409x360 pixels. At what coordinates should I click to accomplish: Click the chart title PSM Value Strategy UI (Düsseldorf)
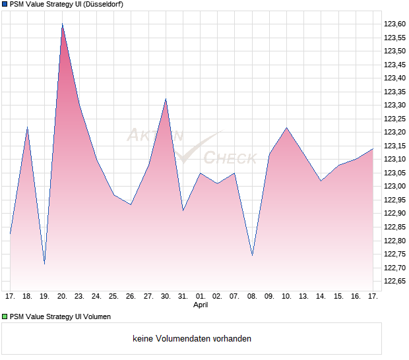(x=66, y=4)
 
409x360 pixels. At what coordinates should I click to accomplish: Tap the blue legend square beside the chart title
(x=5, y=4)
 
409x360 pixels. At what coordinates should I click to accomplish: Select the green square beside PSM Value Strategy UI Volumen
(x=5, y=316)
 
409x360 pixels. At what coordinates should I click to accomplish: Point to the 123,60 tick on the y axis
(x=394, y=24)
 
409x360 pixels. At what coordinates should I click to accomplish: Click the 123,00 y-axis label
(x=394, y=187)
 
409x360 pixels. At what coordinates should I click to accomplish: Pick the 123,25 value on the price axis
(x=394, y=119)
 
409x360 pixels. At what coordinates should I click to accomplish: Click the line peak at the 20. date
(x=62, y=24)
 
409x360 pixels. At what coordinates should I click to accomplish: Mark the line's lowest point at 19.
(x=44, y=264)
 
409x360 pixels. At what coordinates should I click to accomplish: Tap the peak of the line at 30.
(x=166, y=99)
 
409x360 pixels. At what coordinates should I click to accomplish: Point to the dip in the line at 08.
(x=252, y=255)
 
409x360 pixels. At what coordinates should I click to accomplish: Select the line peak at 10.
(x=286, y=127)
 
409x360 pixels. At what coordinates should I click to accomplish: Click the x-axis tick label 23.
(x=79, y=297)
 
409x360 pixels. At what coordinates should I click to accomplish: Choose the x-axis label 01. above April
(x=201, y=297)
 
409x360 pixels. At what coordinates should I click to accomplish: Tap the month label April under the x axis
(x=201, y=305)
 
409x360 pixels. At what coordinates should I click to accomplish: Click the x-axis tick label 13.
(x=303, y=297)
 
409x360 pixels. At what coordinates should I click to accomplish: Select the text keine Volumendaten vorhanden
(x=192, y=339)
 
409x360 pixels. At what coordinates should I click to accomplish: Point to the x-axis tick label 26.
(x=131, y=297)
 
